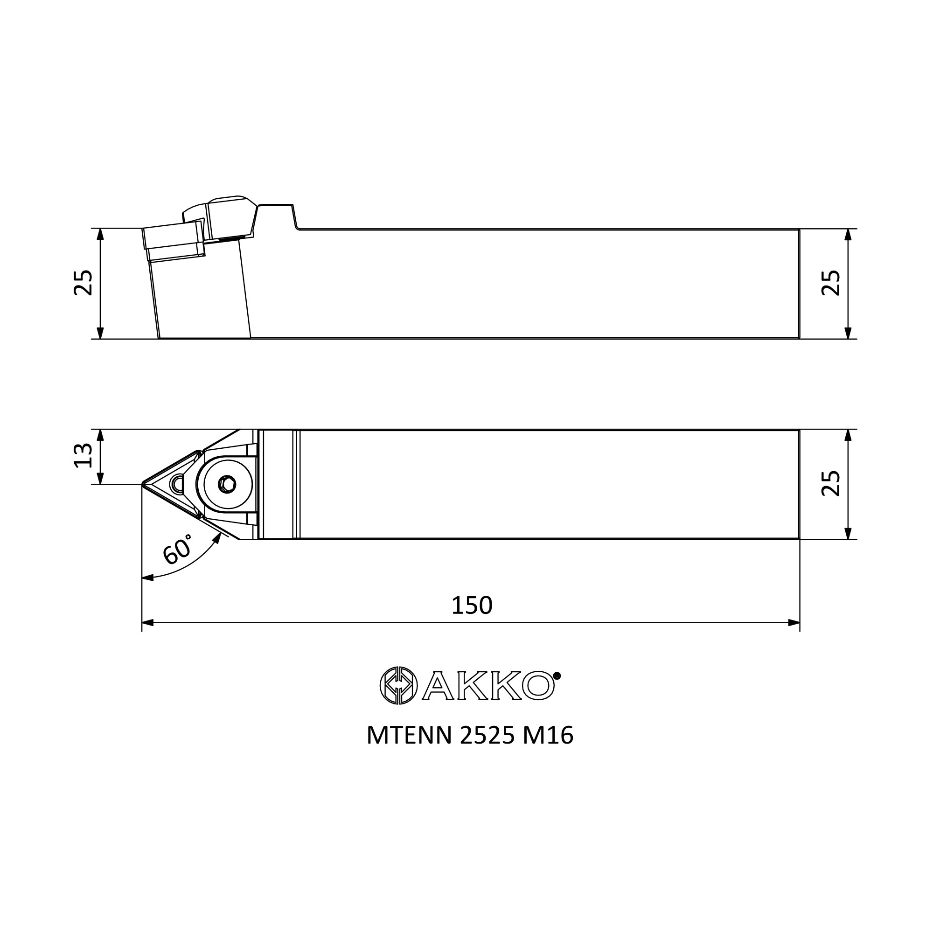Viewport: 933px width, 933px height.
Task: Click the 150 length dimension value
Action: coord(471,606)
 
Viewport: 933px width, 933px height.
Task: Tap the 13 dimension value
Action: coord(83,455)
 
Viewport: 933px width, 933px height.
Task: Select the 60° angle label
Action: coord(177,550)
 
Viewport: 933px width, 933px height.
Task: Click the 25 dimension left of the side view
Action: coord(83,283)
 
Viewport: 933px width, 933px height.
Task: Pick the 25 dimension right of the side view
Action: coord(831,283)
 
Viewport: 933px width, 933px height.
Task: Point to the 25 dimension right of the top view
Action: coord(831,483)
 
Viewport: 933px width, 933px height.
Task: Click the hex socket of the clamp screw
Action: coord(227,483)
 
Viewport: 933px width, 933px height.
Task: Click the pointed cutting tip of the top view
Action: coord(143,483)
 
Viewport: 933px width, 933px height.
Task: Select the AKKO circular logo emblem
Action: coord(398,685)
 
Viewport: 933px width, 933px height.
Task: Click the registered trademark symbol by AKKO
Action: coord(557,676)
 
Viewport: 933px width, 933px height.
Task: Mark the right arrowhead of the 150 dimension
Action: coord(794,622)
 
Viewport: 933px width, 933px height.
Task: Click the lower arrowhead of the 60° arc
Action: coord(147,578)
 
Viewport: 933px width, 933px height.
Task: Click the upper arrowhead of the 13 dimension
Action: coord(100,435)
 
